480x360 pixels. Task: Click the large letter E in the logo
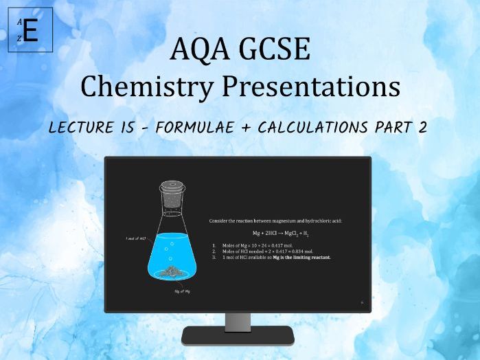pos(30,30)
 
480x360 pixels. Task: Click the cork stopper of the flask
pos(170,188)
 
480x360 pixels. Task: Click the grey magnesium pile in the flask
pos(170,273)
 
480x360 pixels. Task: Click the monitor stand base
pos(238,336)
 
